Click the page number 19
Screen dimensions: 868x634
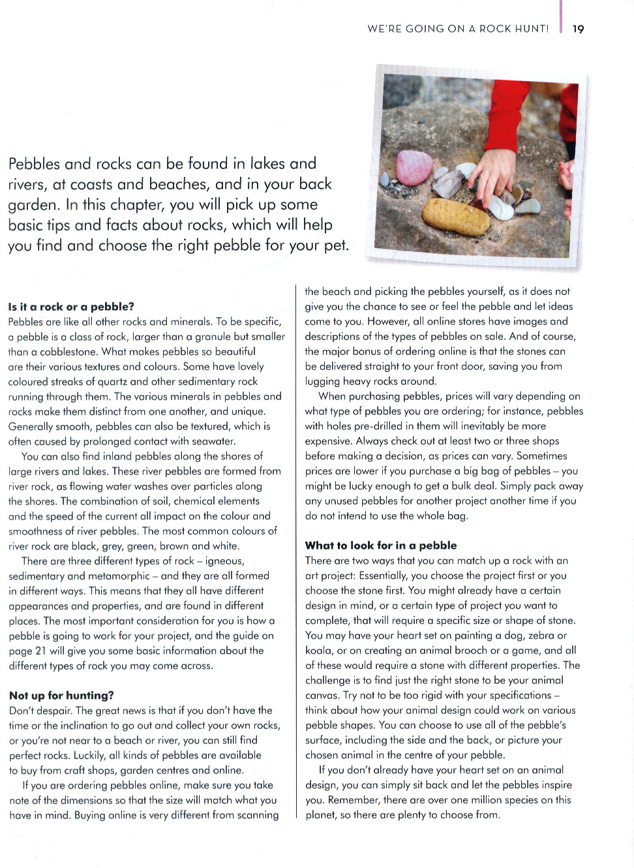click(x=578, y=29)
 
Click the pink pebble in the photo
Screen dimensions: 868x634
click(x=414, y=166)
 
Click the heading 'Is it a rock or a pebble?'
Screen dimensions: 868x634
click(x=71, y=307)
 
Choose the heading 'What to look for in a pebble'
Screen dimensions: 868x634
click(x=381, y=546)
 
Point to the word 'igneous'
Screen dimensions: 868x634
click(x=224, y=561)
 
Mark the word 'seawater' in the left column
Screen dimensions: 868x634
click(x=212, y=442)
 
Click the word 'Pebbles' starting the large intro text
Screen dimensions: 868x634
click(x=34, y=164)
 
